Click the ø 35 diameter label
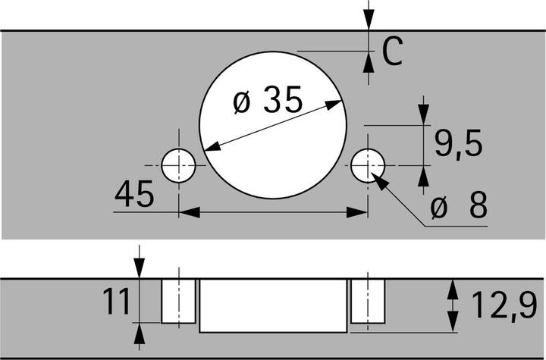(x=268, y=100)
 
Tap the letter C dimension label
(x=393, y=51)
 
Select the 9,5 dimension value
(x=459, y=143)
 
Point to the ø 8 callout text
(x=459, y=205)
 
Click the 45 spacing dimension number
(x=134, y=193)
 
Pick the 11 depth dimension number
(x=116, y=302)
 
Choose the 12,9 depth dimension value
(x=504, y=305)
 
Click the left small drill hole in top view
(x=179, y=165)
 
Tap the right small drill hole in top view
(x=368, y=165)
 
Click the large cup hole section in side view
(x=273, y=305)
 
